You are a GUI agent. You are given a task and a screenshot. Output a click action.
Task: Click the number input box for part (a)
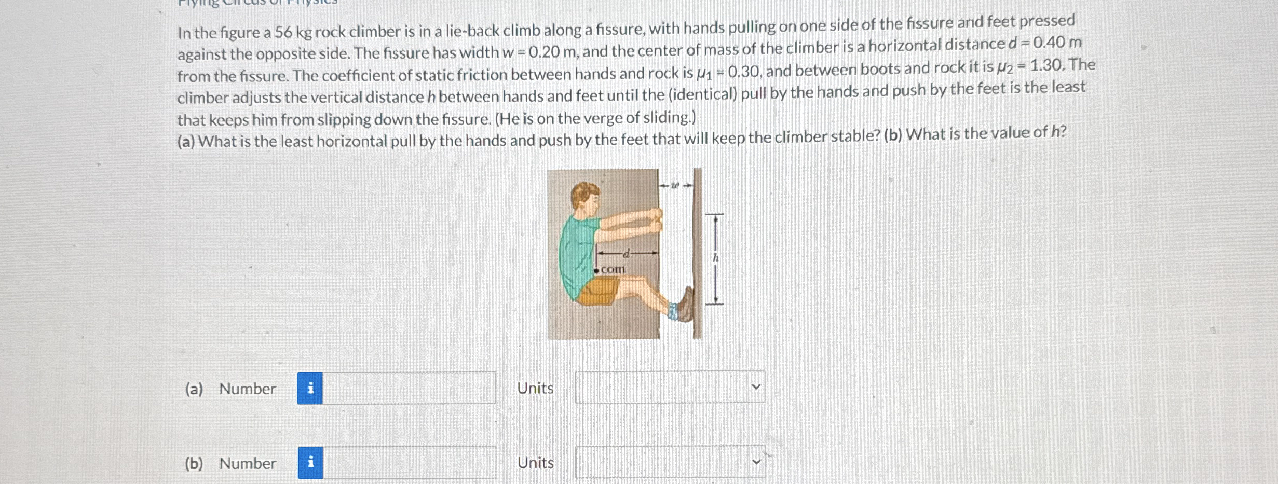pos(409,388)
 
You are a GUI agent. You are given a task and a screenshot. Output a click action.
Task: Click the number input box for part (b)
pos(409,463)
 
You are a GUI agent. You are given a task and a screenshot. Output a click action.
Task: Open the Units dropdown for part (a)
pos(670,387)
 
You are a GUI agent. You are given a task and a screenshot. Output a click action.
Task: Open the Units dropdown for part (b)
pos(670,462)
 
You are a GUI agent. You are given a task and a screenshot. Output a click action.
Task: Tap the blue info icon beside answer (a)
pos(310,388)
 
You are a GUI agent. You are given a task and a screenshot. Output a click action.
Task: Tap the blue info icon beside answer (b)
pos(310,463)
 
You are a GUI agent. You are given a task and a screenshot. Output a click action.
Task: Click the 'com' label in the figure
pos(613,269)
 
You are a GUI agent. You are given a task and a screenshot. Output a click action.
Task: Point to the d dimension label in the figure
pos(627,254)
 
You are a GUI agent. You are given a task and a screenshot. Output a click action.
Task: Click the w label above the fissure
pos(675,185)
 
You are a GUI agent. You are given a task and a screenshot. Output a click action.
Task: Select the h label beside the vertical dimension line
pos(715,257)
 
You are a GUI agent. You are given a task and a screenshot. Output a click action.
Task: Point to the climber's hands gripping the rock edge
pos(655,220)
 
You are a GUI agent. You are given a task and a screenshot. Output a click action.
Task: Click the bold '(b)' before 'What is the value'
pos(892,135)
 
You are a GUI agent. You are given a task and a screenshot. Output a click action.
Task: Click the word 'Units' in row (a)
pos(535,388)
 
